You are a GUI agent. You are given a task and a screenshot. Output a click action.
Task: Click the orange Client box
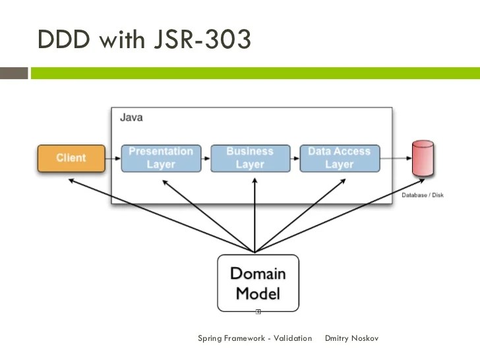[x=71, y=158]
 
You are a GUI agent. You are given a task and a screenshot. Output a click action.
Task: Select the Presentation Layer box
[x=161, y=158]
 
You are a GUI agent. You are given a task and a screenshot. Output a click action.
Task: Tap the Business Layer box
[x=249, y=158]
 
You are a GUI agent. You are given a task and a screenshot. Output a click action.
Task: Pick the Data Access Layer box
[x=339, y=158]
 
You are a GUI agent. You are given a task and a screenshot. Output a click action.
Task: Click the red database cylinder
[x=423, y=159]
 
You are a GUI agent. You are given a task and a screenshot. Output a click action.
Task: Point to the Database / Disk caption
[x=423, y=196]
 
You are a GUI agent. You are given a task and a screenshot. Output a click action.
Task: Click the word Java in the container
[x=131, y=117]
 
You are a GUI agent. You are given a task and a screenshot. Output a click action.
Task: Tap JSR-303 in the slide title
[x=204, y=40]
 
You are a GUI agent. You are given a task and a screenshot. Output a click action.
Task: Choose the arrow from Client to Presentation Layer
[x=113, y=159]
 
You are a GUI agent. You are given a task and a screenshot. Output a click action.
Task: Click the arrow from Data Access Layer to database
[x=396, y=159]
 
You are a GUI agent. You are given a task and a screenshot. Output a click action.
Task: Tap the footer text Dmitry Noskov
[x=352, y=338]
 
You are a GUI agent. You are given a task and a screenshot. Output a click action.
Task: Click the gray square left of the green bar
[x=14, y=73]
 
